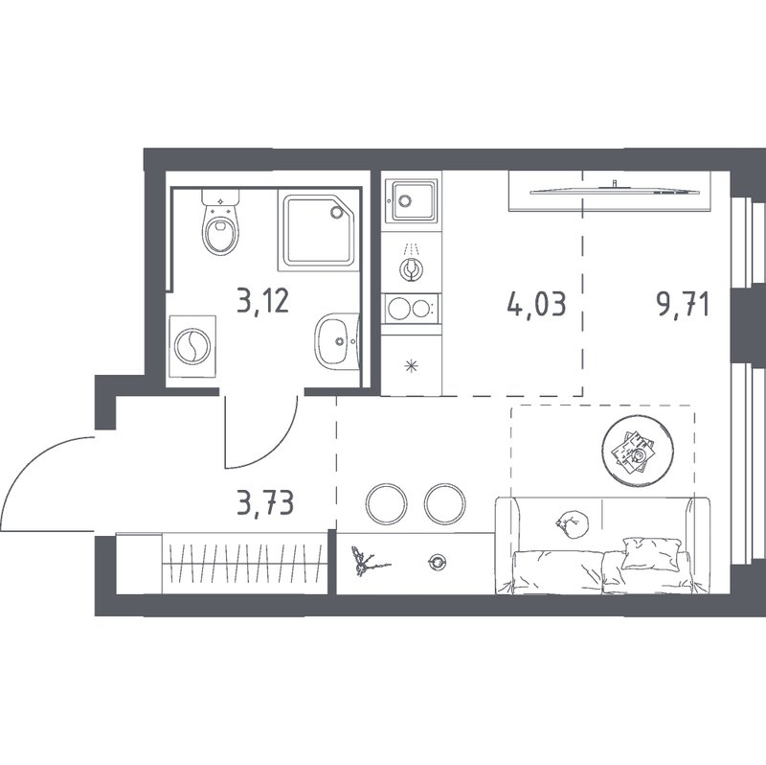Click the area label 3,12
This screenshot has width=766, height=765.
(x=262, y=300)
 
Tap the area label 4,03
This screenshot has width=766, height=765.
(x=537, y=303)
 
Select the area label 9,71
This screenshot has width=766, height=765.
(x=683, y=305)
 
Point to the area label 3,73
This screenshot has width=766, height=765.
(x=265, y=503)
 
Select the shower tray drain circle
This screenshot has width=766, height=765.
(x=337, y=212)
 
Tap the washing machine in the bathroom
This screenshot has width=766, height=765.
(x=192, y=346)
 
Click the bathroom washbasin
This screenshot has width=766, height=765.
(x=337, y=341)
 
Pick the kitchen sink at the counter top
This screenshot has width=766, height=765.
(x=411, y=200)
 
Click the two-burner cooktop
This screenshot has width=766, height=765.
(x=412, y=308)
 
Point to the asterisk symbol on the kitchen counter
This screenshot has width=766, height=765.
(x=412, y=366)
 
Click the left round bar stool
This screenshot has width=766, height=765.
(x=387, y=504)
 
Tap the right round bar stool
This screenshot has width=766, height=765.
(x=444, y=504)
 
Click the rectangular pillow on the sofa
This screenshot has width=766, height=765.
(x=651, y=554)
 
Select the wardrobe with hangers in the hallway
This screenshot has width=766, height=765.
(x=221, y=564)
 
